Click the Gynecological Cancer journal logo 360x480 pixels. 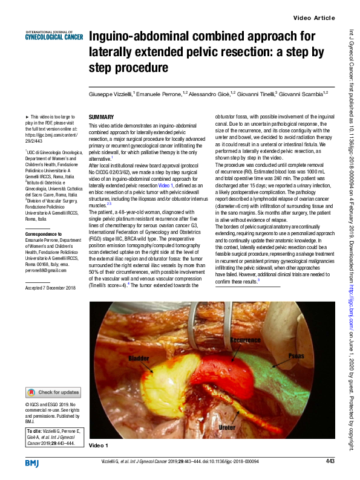(54, 35)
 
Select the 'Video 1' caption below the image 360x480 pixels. (98, 445)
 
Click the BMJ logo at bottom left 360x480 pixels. (32, 463)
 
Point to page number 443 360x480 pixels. (330, 462)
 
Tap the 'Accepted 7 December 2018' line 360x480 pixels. (50, 288)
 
